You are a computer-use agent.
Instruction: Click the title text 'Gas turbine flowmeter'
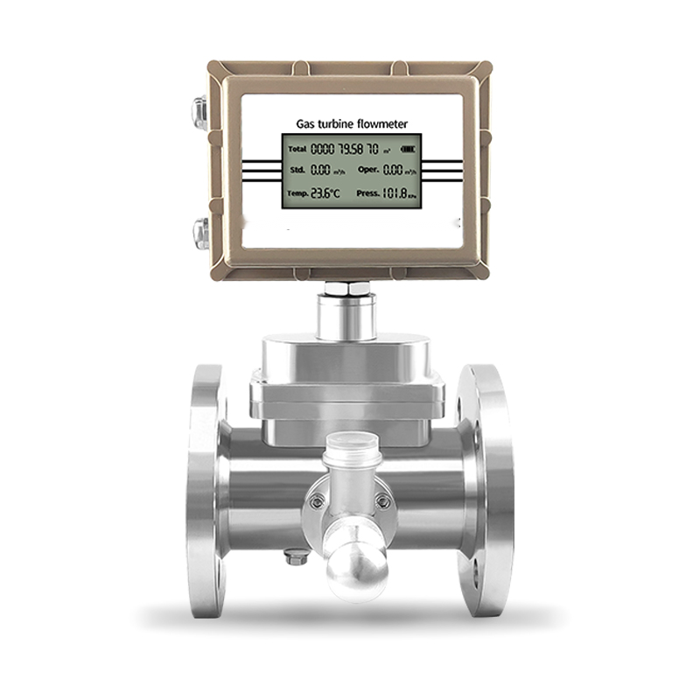(x=350, y=124)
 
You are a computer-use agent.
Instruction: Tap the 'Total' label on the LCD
(x=297, y=150)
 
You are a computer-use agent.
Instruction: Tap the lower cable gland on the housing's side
(x=200, y=234)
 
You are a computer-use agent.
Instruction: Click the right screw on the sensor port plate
(x=382, y=500)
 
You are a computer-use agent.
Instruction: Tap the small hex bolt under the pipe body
(x=297, y=556)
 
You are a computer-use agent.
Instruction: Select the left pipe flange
(x=206, y=490)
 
